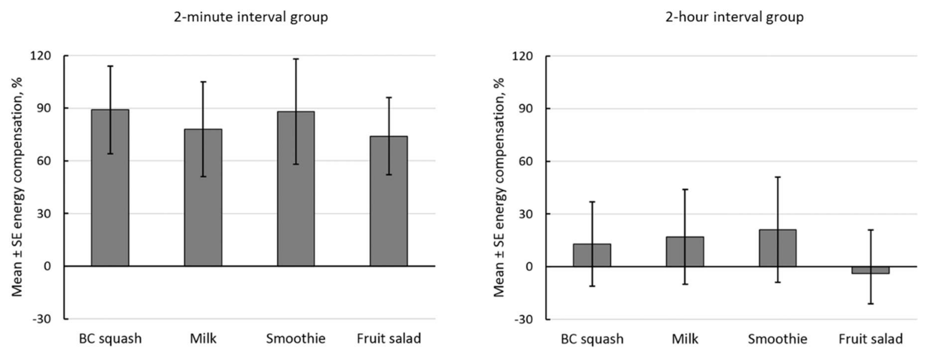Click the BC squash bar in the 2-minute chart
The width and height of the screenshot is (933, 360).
(x=110, y=203)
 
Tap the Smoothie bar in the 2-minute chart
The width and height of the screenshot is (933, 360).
(x=296, y=203)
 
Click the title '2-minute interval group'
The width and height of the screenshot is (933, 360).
(x=251, y=17)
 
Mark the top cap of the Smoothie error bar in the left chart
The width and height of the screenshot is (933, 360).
(x=296, y=59)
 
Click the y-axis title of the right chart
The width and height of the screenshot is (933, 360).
(x=499, y=187)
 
